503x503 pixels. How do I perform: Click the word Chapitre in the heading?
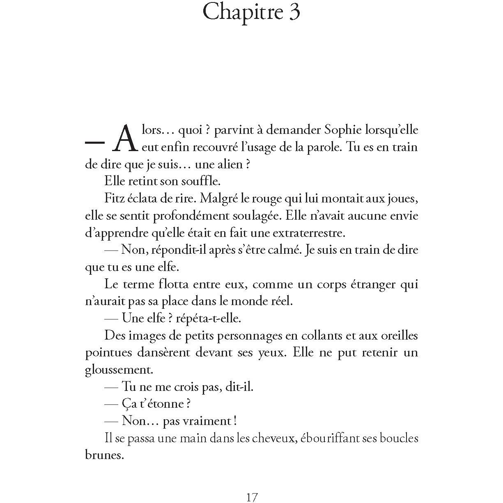(x=243, y=12)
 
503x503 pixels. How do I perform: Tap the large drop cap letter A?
(x=125, y=139)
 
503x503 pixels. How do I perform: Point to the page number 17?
(x=252, y=497)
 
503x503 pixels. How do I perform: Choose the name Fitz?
(x=114, y=198)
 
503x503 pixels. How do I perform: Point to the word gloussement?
(x=119, y=370)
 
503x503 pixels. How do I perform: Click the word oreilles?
(x=394, y=335)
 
